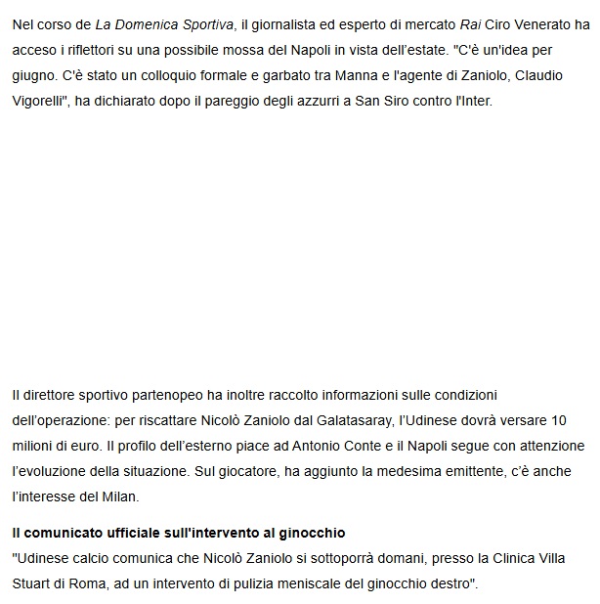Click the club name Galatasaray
click(x=312, y=419)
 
